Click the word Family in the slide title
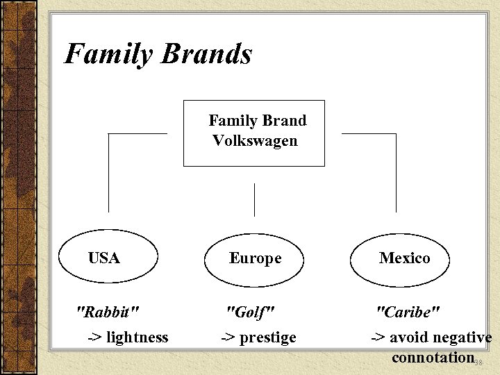click(107, 54)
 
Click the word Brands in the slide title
click(206, 54)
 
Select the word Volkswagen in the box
click(255, 141)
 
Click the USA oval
click(104, 258)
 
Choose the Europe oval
click(255, 259)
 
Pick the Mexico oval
click(404, 258)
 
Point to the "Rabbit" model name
click(107, 311)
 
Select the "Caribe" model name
click(408, 311)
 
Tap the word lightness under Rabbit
click(137, 337)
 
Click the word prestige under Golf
click(268, 338)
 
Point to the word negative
click(462, 337)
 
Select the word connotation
click(433, 358)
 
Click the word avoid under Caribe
click(408, 337)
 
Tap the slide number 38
click(478, 362)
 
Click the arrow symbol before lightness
click(94, 338)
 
